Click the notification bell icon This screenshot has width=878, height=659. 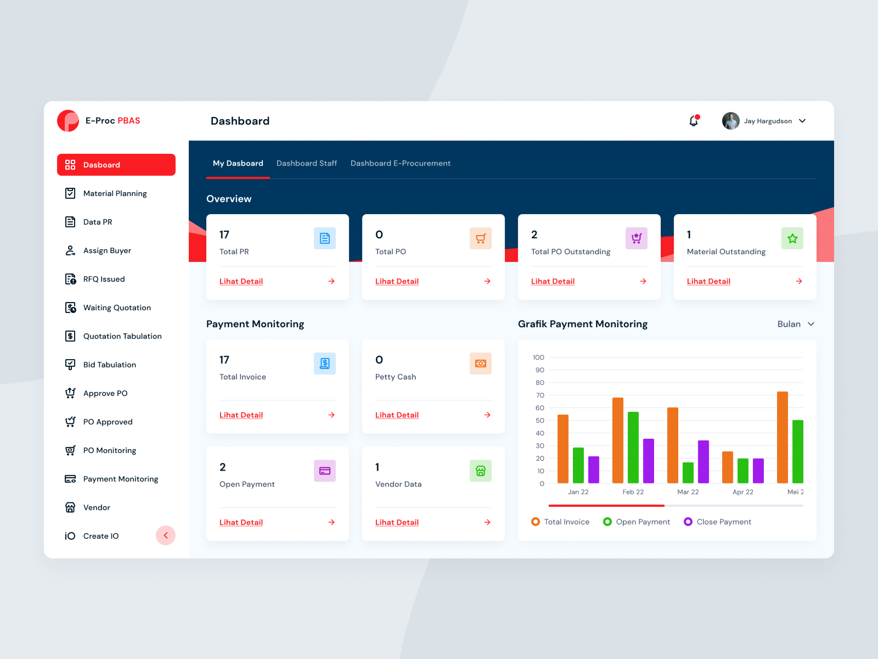click(x=694, y=121)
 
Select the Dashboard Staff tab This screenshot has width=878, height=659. click(x=306, y=163)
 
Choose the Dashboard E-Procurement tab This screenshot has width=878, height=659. click(x=400, y=163)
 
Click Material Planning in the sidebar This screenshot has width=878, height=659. click(x=115, y=193)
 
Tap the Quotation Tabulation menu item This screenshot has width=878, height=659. click(x=122, y=336)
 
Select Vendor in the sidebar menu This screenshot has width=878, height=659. click(x=97, y=507)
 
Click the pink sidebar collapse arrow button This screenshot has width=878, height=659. click(x=165, y=535)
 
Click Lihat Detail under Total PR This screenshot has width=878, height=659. click(x=241, y=281)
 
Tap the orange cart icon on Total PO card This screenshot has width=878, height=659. click(x=480, y=238)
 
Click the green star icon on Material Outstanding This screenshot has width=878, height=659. click(x=792, y=238)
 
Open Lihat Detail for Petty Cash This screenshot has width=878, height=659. click(x=397, y=415)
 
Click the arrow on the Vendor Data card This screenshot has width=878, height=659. click(x=487, y=522)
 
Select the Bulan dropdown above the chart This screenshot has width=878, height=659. click(x=795, y=324)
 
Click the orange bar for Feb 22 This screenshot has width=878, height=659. click(x=617, y=439)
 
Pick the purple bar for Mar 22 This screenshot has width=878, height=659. click(x=703, y=461)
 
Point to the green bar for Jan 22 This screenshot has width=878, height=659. click(x=578, y=465)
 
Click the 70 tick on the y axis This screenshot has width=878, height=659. click(x=540, y=395)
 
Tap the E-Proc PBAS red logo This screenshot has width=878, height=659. click(x=68, y=121)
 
